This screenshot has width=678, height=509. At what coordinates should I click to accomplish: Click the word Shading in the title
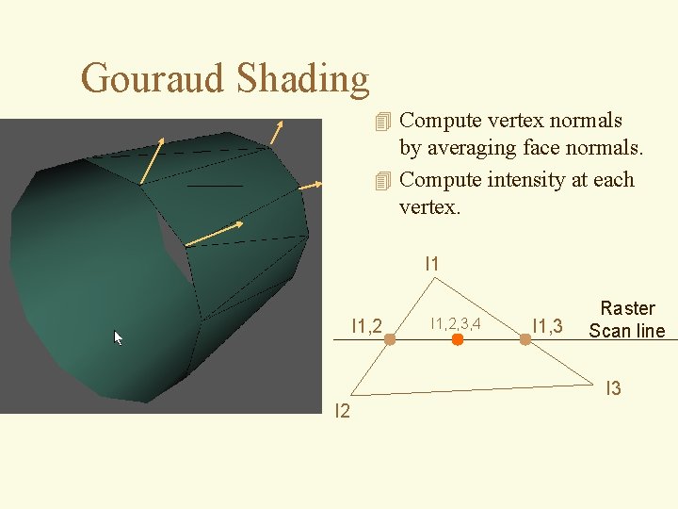[x=302, y=79]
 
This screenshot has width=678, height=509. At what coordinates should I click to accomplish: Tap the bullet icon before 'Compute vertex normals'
[x=381, y=122]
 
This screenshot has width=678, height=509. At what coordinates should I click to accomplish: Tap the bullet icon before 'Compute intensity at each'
[x=381, y=180]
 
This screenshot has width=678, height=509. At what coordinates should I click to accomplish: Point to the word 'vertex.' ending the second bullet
[x=430, y=205]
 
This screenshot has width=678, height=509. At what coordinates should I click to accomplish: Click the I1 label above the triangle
[x=432, y=264]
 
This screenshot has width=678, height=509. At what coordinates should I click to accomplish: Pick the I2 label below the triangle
[x=343, y=410]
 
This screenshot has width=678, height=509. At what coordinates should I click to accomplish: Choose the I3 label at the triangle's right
[x=613, y=388]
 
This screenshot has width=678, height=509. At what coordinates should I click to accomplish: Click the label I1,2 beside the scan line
[x=366, y=327]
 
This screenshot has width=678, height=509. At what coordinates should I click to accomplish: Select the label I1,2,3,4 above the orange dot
[x=456, y=324]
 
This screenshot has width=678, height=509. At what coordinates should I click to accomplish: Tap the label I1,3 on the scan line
[x=547, y=327]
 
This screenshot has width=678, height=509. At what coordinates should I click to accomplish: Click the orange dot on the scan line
[x=458, y=339]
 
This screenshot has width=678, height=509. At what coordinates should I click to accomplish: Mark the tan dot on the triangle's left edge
[x=389, y=339]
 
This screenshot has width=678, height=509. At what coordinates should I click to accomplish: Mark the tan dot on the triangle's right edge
[x=525, y=339]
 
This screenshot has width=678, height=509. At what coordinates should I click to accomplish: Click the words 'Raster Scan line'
[x=627, y=320]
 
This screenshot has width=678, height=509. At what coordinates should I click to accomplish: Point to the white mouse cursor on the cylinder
[x=119, y=337]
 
